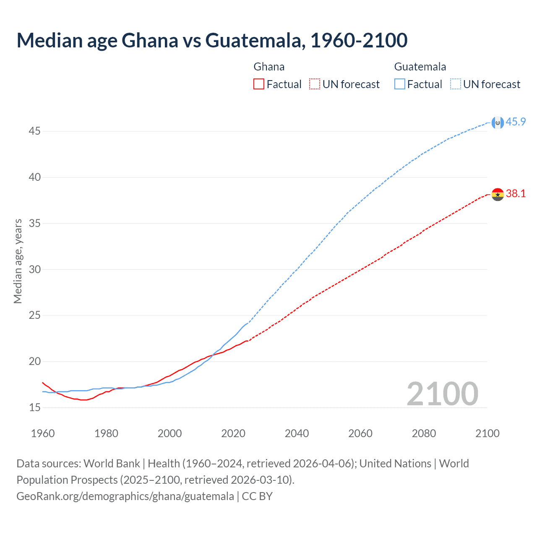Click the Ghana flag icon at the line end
pos(498,194)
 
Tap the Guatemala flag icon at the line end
pos(498,123)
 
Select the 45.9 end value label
pos(516,122)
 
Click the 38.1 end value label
pos(516,193)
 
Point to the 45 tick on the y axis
pos(34,131)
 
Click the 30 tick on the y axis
pos(34,269)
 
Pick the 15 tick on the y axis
pos(34,407)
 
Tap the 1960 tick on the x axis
pos(43,433)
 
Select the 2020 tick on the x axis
pos(233,433)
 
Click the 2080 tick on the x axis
pos(424,433)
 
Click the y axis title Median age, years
pos(18,261)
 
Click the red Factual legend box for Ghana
pos(259,84)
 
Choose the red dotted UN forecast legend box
pos(315,84)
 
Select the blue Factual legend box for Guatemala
pos(399,84)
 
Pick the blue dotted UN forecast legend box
pos(455,84)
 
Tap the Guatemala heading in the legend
pos(420,67)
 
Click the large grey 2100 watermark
pos(442,394)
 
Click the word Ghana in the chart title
pos(150,40)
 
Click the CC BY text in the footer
pos(257,496)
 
